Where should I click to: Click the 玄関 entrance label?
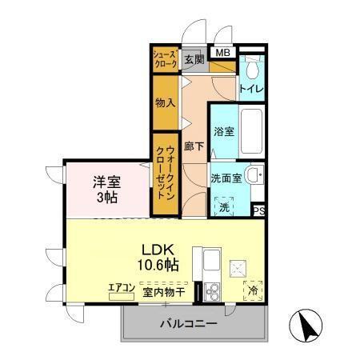click(194, 59)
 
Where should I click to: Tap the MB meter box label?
click(224, 54)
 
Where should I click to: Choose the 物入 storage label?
click(165, 103)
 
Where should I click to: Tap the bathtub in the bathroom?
click(253, 130)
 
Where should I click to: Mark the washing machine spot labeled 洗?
click(225, 206)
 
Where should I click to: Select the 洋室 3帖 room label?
click(105, 188)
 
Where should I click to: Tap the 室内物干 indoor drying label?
click(164, 293)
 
